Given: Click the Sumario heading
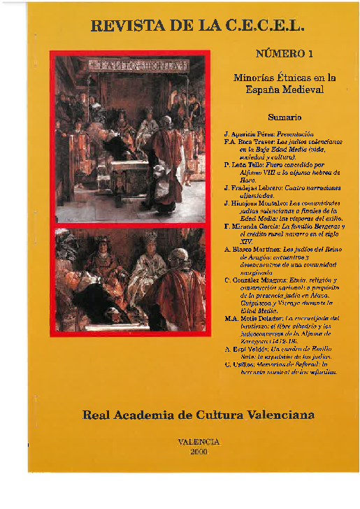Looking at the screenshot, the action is click(285, 117).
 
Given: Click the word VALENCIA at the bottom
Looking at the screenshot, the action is click(199, 442).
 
